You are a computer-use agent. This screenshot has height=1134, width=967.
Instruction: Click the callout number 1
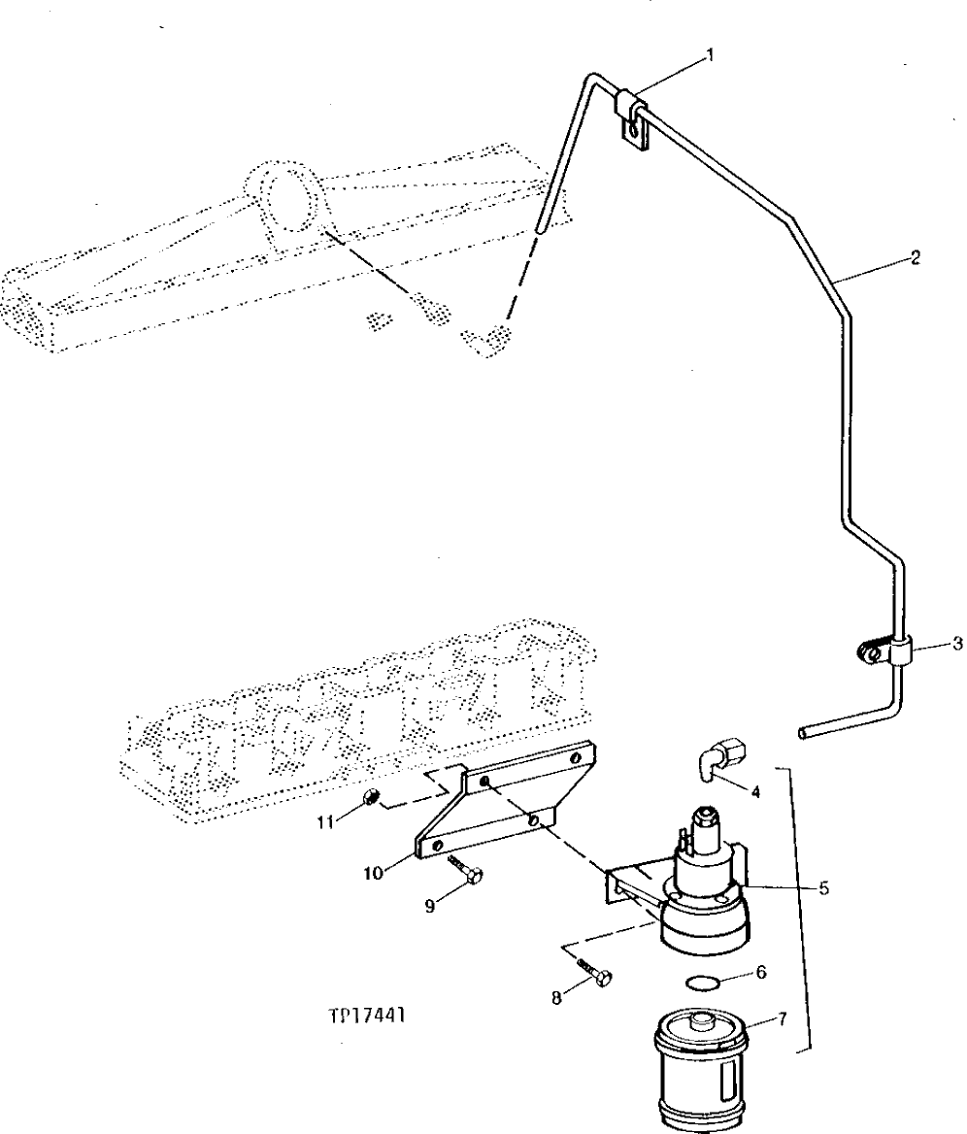(710, 55)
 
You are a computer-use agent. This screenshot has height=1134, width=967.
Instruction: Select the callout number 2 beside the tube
(915, 258)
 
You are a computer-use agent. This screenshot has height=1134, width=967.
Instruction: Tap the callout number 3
(956, 643)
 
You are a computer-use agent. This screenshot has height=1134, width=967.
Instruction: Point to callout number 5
(823, 887)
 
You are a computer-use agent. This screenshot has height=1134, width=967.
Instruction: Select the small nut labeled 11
(369, 799)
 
